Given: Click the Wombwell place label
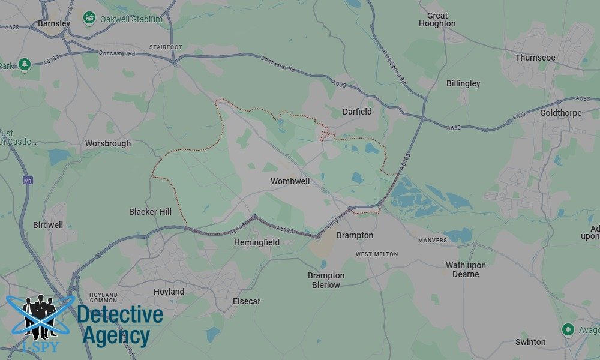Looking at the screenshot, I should [x=290, y=181].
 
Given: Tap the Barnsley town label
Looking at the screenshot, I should [x=54, y=23].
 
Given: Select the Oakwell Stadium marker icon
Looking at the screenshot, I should [x=89, y=19].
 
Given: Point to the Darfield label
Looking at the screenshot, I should [x=357, y=112].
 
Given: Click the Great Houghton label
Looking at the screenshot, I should [x=437, y=20].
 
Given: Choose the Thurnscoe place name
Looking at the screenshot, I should [x=535, y=58].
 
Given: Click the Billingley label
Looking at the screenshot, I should [x=463, y=84].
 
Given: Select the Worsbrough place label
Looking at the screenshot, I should [x=108, y=144].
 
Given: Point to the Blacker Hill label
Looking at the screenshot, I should [x=150, y=212].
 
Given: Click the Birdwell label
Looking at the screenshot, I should [x=48, y=225].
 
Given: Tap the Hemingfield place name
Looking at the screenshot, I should [x=256, y=242].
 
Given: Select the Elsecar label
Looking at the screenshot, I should [x=247, y=301].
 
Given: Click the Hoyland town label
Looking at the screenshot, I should [x=169, y=292].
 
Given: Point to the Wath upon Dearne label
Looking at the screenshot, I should [x=466, y=269].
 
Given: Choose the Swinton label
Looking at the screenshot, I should [x=530, y=342].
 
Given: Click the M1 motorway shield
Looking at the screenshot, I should [x=27, y=180].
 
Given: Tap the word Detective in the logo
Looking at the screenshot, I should [x=120, y=314].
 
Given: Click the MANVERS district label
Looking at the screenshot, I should [x=433, y=241].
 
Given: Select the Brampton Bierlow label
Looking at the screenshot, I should [x=326, y=280].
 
